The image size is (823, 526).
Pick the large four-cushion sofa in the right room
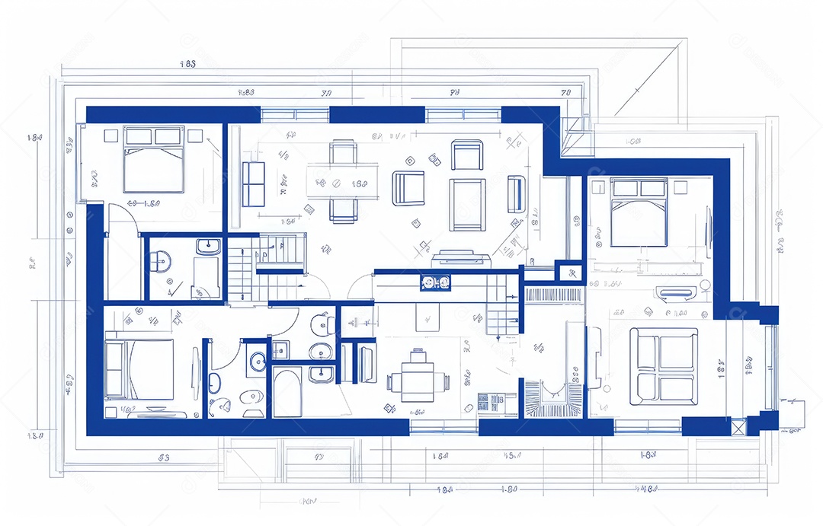pyautogui.click(x=663, y=365)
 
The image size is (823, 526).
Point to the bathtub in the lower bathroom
pyautogui.click(x=288, y=392)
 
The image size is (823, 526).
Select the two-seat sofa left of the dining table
pyautogui.click(x=253, y=183)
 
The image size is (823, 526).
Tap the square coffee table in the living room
pyautogui.click(x=467, y=204)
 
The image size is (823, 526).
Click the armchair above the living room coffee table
pyautogui.click(x=466, y=155)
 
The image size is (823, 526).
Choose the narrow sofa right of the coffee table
pyautogui.click(x=516, y=193)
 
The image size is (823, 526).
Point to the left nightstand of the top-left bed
pyautogui.click(x=110, y=135)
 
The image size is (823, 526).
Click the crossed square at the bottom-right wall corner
pyautogui.click(x=738, y=426)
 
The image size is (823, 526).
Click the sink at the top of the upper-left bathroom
pyautogui.click(x=207, y=247)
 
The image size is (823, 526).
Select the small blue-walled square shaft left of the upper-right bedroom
pyautogui.click(x=568, y=272)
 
